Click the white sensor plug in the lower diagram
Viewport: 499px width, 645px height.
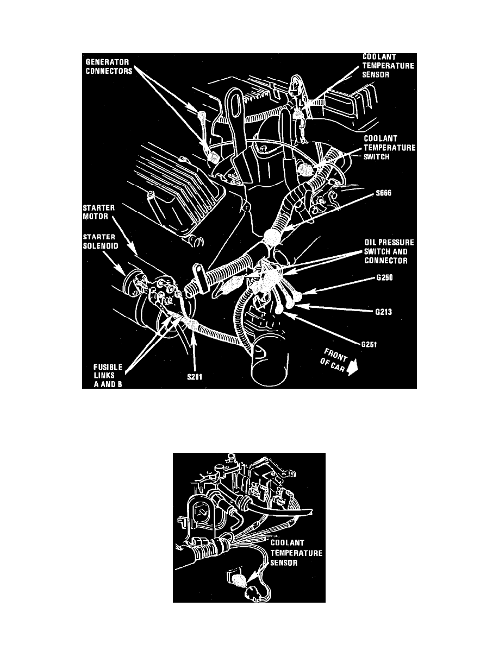coord(239,583)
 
